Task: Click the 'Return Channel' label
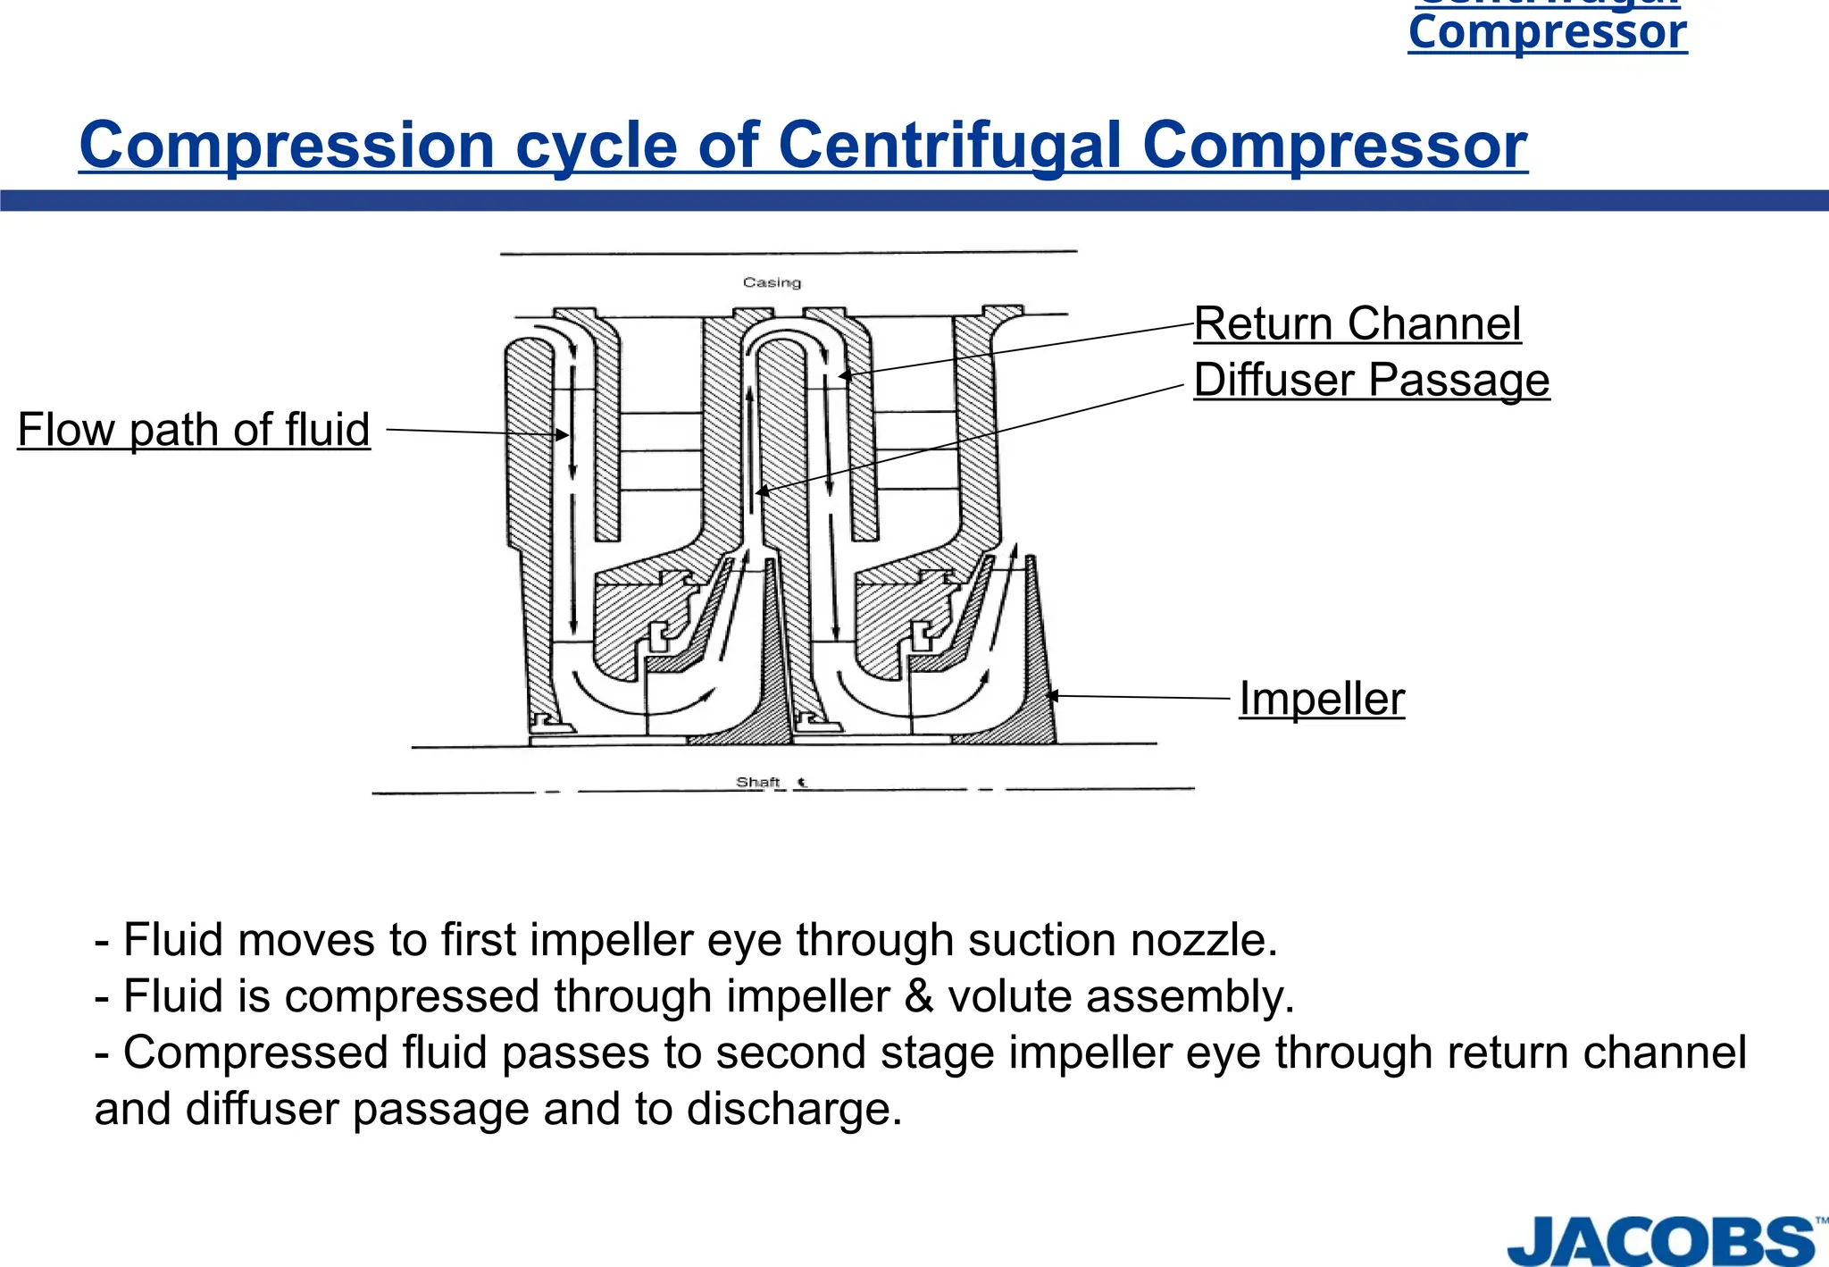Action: click(1357, 323)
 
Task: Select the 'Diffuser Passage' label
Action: click(1371, 380)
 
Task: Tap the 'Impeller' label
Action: click(1321, 699)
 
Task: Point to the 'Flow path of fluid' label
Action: click(194, 430)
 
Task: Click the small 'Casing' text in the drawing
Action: click(772, 282)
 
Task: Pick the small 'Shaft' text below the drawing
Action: click(757, 782)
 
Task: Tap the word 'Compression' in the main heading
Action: click(287, 145)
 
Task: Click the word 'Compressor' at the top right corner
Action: click(1548, 33)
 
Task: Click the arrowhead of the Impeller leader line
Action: click(1051, 695)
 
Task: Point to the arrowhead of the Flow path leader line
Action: click(564, 435)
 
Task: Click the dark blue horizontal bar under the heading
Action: click(914, 200)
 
